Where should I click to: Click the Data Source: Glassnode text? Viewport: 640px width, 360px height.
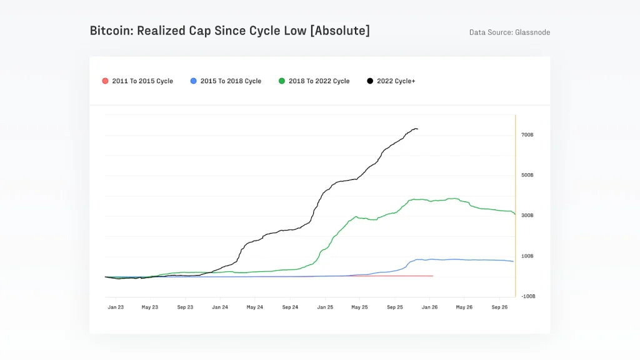(509, 32)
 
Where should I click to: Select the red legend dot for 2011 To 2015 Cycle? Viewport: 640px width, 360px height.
(105, 81)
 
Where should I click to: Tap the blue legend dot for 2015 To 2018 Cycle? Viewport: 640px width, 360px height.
(193, 81)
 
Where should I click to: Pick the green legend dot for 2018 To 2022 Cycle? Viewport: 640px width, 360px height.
(282, 81)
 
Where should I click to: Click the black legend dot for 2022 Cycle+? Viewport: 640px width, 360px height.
(370, 81)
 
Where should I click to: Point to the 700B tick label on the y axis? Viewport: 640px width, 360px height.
(527, 135)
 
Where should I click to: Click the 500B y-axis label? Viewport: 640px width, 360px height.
(527, 175)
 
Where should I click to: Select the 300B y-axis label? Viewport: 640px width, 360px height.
(527, 216)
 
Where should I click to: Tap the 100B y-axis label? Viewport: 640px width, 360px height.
(527, 256)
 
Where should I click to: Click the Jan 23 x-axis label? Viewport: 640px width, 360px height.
(116, 307)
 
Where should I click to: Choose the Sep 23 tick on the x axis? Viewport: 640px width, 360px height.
(185, 307)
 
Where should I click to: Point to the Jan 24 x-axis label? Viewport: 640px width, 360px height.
(220, 307)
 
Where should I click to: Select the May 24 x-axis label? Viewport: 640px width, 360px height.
(254, 307)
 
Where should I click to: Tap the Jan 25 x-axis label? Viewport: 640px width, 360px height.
(325, 307)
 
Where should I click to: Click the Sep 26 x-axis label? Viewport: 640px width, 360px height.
(499, 307)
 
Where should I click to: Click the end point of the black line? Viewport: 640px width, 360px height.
(417, 129)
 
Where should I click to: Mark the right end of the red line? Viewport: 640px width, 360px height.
(432, 276)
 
